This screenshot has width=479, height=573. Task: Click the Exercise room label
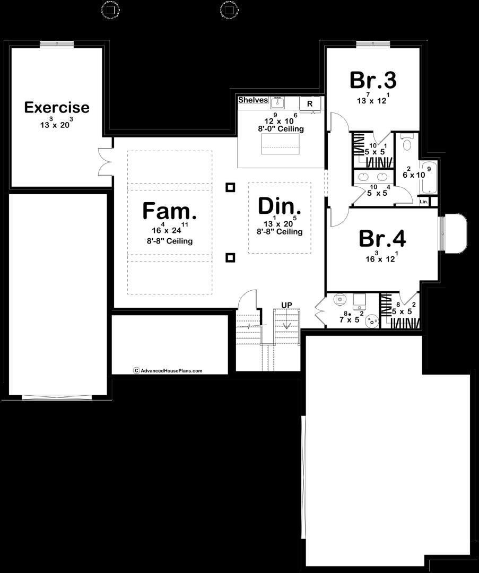click(57, 108)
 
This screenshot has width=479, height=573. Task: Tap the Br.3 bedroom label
click(373, 81)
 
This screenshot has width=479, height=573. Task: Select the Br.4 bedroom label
click(382, 239)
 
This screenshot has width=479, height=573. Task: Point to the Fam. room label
click(169, 211)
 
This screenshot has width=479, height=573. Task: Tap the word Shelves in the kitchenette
click(253, 100)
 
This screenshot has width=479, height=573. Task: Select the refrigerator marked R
click(310, 103)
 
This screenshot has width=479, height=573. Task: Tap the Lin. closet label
click(424, 202)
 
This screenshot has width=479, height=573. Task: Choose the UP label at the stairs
click(286, 305)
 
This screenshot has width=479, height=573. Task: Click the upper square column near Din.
click(230, 187)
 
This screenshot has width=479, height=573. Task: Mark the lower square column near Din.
click(230, 258)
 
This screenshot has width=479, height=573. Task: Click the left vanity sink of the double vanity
click(364, 177)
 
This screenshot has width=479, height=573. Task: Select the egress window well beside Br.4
click(455, 234)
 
